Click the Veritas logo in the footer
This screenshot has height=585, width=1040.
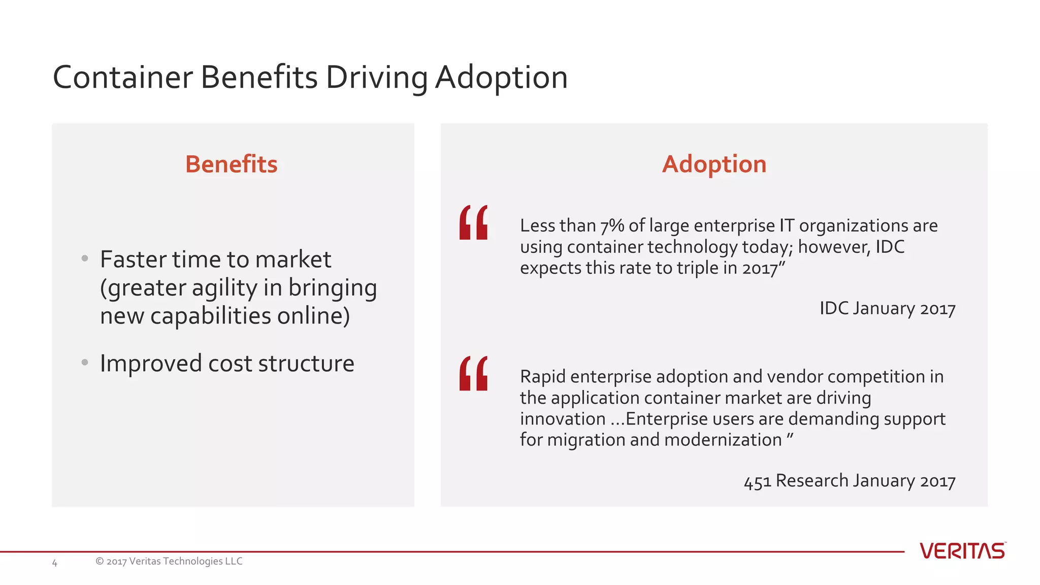click(x=962, y=551)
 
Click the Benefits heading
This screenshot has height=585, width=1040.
click(x=231, y=165)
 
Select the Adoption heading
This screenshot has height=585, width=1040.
click(x=714, y=165)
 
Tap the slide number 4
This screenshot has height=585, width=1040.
click(x=55, y=563)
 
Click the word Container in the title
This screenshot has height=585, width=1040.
click(x=122, y=78)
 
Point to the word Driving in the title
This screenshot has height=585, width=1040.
click(x=376, y=78)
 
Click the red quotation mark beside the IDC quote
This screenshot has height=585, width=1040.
click(x=473, y=222)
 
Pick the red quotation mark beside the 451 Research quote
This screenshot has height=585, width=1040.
click(x=473, y=373)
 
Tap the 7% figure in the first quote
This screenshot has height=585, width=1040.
click(x=612, y=226)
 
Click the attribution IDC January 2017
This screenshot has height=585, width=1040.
click(x=887, y=308)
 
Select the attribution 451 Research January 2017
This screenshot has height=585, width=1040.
click(x=850, y=480)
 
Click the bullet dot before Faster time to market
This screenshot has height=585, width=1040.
click(x=85, y=259)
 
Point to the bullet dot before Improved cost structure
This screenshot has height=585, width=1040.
click(x=85, y=363)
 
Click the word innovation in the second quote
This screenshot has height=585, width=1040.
click(x=562, y=419)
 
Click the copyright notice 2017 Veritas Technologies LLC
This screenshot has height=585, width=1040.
click(x=169, y=561)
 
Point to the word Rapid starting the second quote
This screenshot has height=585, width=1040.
click(x=542, y=377)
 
